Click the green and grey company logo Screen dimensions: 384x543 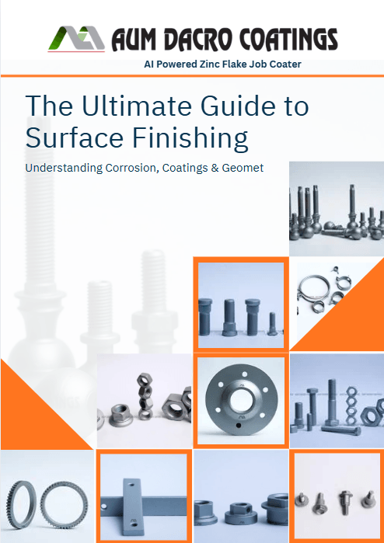[x=76, y=39]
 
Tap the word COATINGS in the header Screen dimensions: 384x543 [x=288, y=40]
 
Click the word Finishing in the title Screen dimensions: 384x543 [x=190, y=138]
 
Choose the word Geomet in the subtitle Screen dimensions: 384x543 [x=243, y=168]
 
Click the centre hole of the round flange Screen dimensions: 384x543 [x=241, y=399]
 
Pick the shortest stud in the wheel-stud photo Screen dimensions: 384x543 [x=272, y=324]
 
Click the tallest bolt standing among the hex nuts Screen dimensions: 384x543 [x=332, y=402]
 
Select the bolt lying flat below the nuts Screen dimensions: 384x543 [x=341, y=430]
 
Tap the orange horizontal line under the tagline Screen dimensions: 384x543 [x=192, y=75]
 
